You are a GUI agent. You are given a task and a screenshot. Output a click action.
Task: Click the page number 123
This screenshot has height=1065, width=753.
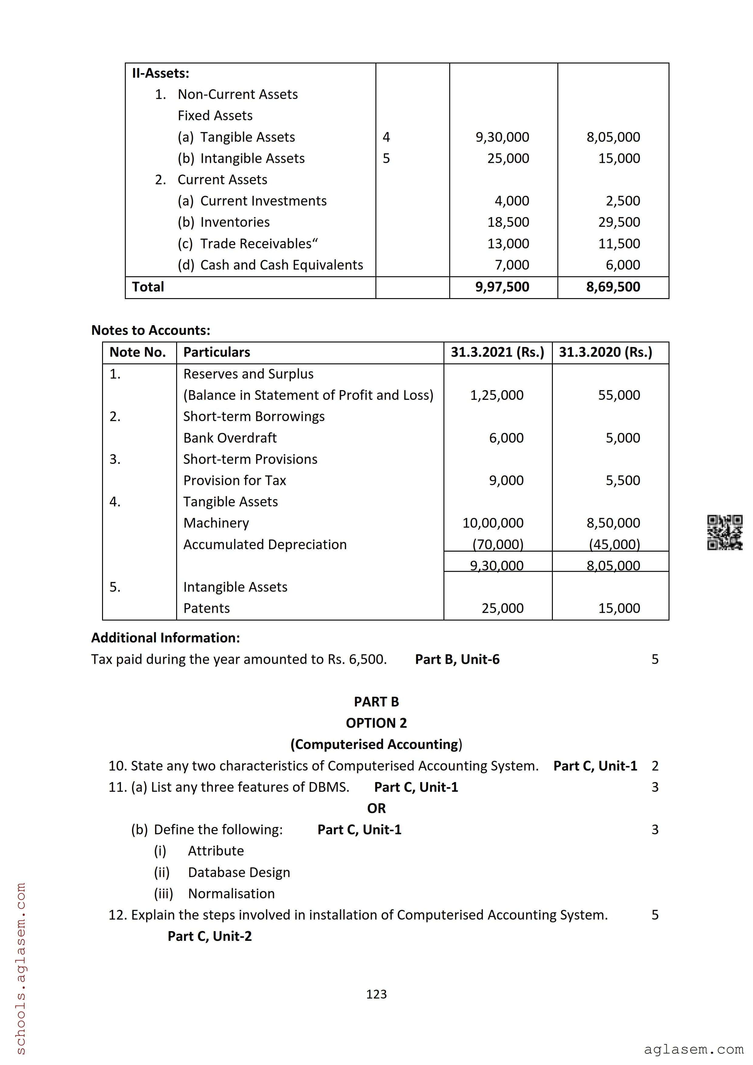376,994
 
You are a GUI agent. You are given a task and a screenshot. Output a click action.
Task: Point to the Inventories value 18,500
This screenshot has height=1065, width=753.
508,222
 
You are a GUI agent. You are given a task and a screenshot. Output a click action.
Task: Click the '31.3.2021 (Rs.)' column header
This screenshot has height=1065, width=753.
497,352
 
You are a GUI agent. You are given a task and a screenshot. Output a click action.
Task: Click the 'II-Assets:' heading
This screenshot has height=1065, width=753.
160,73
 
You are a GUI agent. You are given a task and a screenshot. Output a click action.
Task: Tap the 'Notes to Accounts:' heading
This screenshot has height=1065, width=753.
151,330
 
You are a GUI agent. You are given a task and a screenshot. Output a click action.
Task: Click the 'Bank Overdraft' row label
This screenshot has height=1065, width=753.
230,438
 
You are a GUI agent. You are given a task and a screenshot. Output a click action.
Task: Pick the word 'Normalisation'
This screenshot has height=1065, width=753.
231,893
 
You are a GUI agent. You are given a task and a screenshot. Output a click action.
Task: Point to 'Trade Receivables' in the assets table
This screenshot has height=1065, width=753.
256,243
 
